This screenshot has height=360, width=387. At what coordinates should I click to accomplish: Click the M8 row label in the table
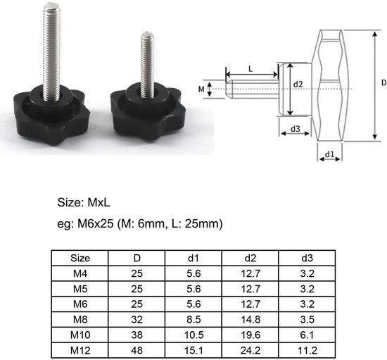[81, 320]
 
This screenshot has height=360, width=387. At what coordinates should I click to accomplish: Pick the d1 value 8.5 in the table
[194, 320]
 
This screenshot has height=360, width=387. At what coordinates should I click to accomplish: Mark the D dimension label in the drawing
[382, 82]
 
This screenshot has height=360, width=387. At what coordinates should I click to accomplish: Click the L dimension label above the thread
[251, 68]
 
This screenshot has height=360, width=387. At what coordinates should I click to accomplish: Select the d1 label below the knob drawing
[328, 152]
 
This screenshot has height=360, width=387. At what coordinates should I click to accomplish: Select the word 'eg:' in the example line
[68, 225]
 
